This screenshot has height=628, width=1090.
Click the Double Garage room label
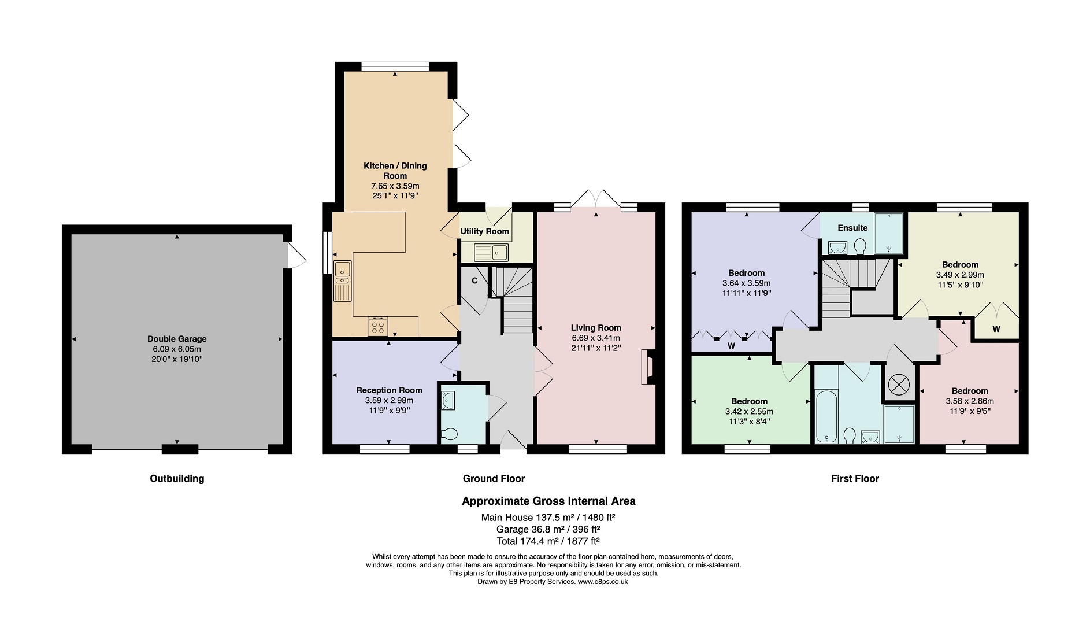177,339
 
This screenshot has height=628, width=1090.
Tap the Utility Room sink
491,252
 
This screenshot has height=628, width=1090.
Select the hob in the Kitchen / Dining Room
378,327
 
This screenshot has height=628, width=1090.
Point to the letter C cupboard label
474,281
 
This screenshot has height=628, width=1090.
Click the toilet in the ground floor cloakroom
450,433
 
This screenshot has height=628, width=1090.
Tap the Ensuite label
852,228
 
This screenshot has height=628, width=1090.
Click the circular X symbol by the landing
899,383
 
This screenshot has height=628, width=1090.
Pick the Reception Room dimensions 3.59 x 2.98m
389,400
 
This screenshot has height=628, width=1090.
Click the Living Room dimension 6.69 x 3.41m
596,338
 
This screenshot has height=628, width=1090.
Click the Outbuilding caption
177,478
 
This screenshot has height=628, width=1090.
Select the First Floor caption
855,478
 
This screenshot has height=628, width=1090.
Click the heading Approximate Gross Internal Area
548,501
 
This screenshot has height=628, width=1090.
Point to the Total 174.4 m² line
548,541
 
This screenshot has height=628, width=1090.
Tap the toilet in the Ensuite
859,247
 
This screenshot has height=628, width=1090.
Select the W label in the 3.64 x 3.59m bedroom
731,346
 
